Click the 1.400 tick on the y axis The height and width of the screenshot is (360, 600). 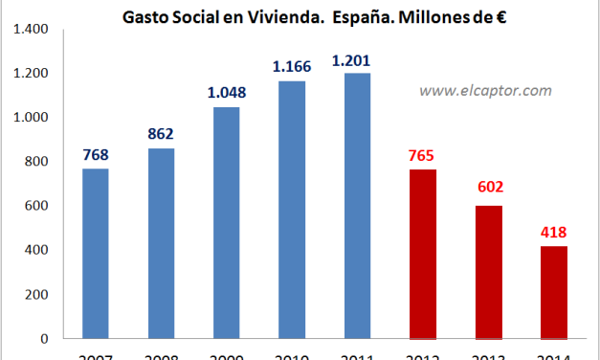(33, 29)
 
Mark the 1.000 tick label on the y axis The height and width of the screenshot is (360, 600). (33, 118)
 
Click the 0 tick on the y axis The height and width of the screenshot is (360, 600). (47, 338)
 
